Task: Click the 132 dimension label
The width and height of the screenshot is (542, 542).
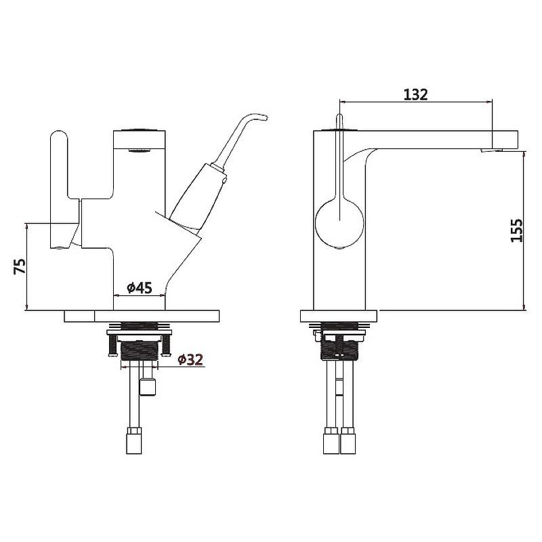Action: pos(415,94)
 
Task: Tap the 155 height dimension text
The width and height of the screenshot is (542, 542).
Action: pos(517,230)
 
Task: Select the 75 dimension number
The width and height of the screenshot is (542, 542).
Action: pos(20,266)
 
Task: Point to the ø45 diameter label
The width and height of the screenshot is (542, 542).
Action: pos(140,287)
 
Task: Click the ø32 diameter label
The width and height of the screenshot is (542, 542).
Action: pos(190,360)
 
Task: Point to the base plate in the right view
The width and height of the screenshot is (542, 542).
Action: pos(339,316)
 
